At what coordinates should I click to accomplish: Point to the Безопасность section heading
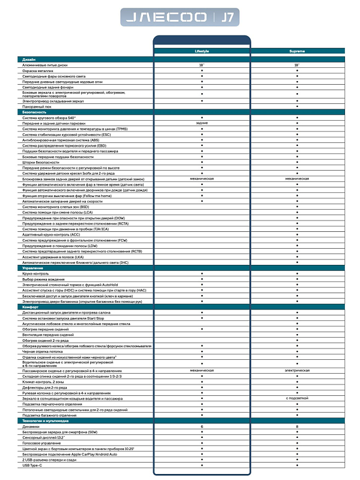[34, 112]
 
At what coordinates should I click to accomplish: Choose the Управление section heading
[32, 267]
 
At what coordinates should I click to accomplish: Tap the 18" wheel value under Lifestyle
[201, 65]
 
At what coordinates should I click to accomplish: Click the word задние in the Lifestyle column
[201, 123]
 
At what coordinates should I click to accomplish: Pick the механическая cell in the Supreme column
[297, 178]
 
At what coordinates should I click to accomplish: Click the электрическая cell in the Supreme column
[297, 371]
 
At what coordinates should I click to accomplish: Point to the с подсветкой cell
[297, 398]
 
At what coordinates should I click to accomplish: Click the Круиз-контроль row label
[37, 273]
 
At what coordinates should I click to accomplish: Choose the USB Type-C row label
[32, 465]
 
